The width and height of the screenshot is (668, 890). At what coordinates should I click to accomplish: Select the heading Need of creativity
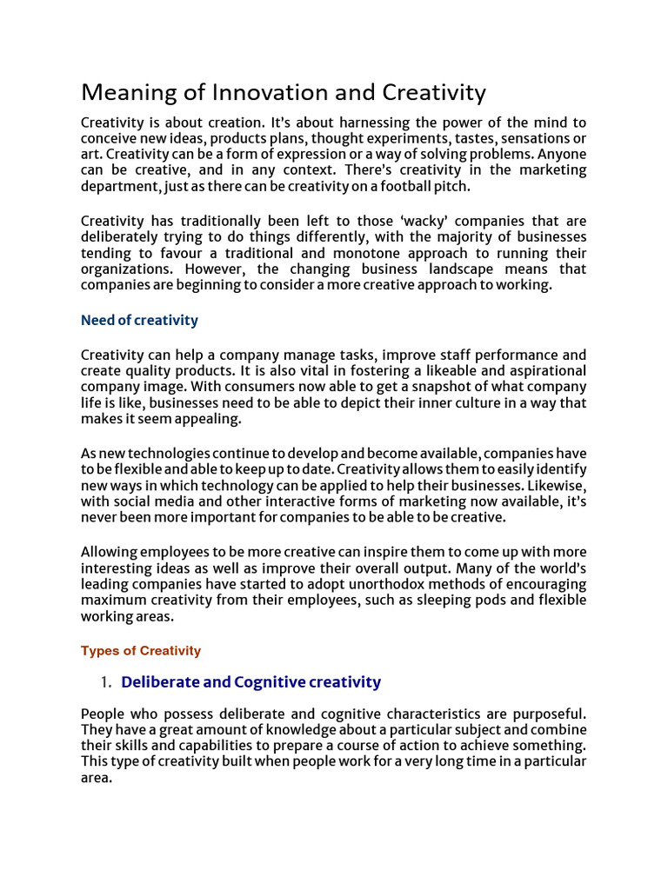[139, 320]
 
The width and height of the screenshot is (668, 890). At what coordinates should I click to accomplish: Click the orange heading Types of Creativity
[141, 650]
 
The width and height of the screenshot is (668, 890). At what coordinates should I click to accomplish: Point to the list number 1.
[106, 682]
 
